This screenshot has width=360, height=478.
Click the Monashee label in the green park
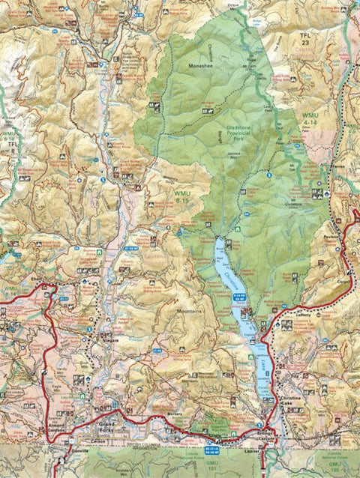(x=197, y=66)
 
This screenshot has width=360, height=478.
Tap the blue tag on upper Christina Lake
(x=240, y=297)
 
